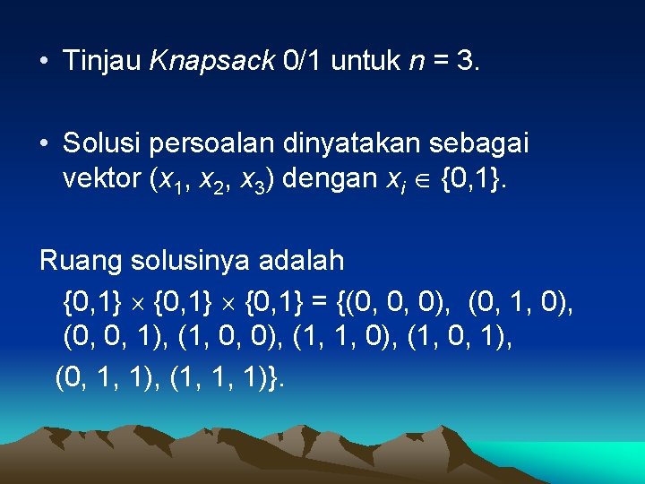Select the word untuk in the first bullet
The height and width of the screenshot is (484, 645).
point(365,61)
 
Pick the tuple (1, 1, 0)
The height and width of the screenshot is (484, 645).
point(358,338)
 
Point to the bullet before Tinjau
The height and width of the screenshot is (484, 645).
point(44,62)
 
